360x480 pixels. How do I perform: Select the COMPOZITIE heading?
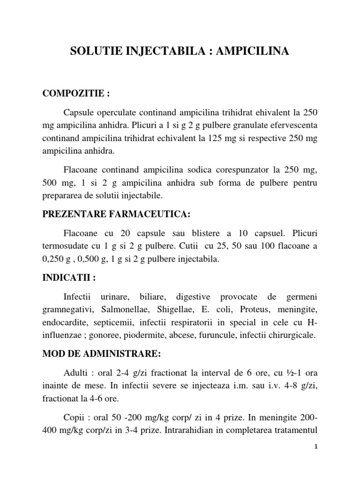pos(76,94)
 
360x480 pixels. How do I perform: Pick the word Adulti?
pos(76,374)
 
